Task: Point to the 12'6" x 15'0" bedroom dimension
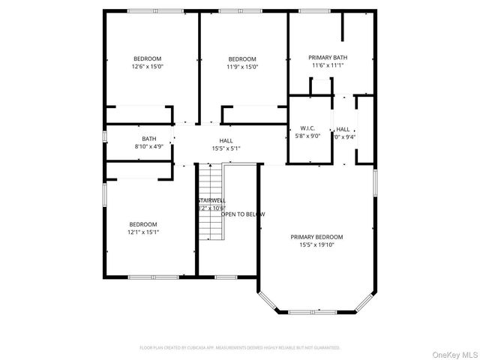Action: tap(147, 66)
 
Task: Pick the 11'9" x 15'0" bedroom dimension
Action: tap(241, 66)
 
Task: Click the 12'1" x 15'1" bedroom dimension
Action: tap(142, 232)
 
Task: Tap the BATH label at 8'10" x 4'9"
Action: tap(149, 138)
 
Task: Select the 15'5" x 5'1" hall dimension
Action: tap(226, 148)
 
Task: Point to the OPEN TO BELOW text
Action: tap(242, 214)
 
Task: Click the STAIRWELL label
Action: tap(211, 200)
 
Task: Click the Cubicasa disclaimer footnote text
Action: tap(240, 348)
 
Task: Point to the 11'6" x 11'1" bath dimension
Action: tap(328, 65)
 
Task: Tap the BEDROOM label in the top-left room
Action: tap(147, 58)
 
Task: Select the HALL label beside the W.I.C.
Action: tap(343, 128)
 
